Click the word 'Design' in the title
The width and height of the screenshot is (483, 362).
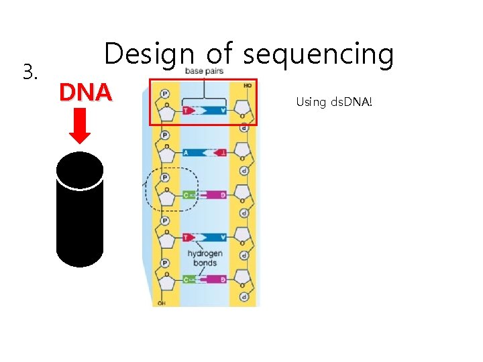click(x=148, y=54)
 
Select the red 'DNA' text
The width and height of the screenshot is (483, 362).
click(x=85, y=93)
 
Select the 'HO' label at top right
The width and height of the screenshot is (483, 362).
click(x=247, y=86)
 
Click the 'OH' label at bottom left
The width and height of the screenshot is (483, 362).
click(x=161, y=303)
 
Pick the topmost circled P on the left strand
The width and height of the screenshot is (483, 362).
click(x=165, y=93)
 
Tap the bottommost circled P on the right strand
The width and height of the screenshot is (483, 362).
click(x=244, y=296)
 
